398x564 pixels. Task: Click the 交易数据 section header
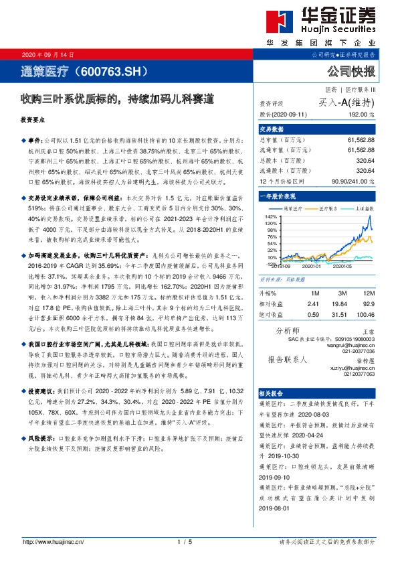[x=272, y=129]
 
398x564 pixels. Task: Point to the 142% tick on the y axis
[x=271, y=217]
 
